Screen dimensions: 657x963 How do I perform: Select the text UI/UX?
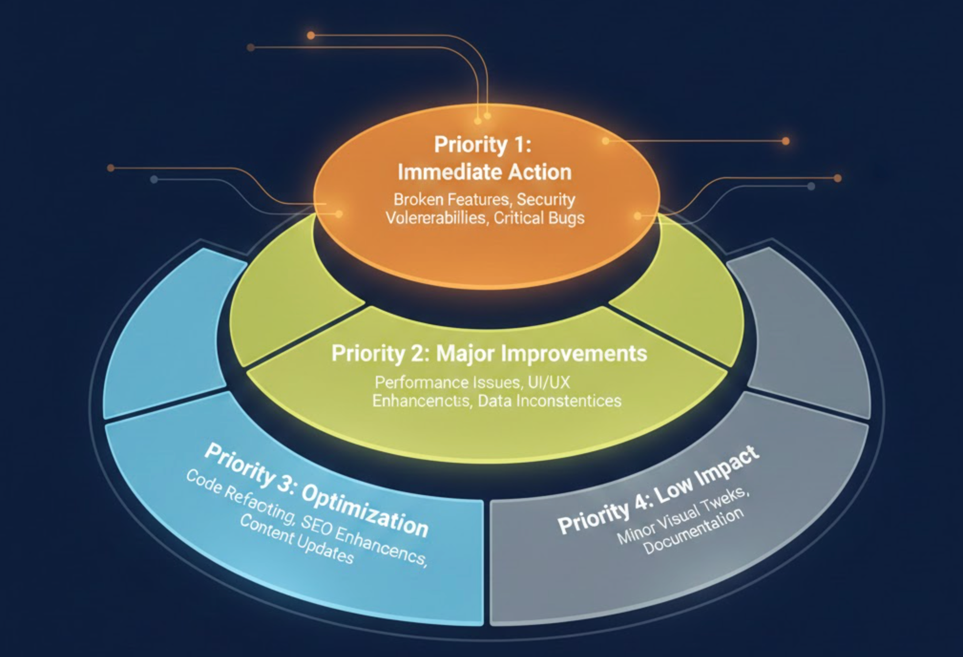click(x=549, y=382)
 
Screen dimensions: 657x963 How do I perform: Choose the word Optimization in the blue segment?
click(x=365, y=510)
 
